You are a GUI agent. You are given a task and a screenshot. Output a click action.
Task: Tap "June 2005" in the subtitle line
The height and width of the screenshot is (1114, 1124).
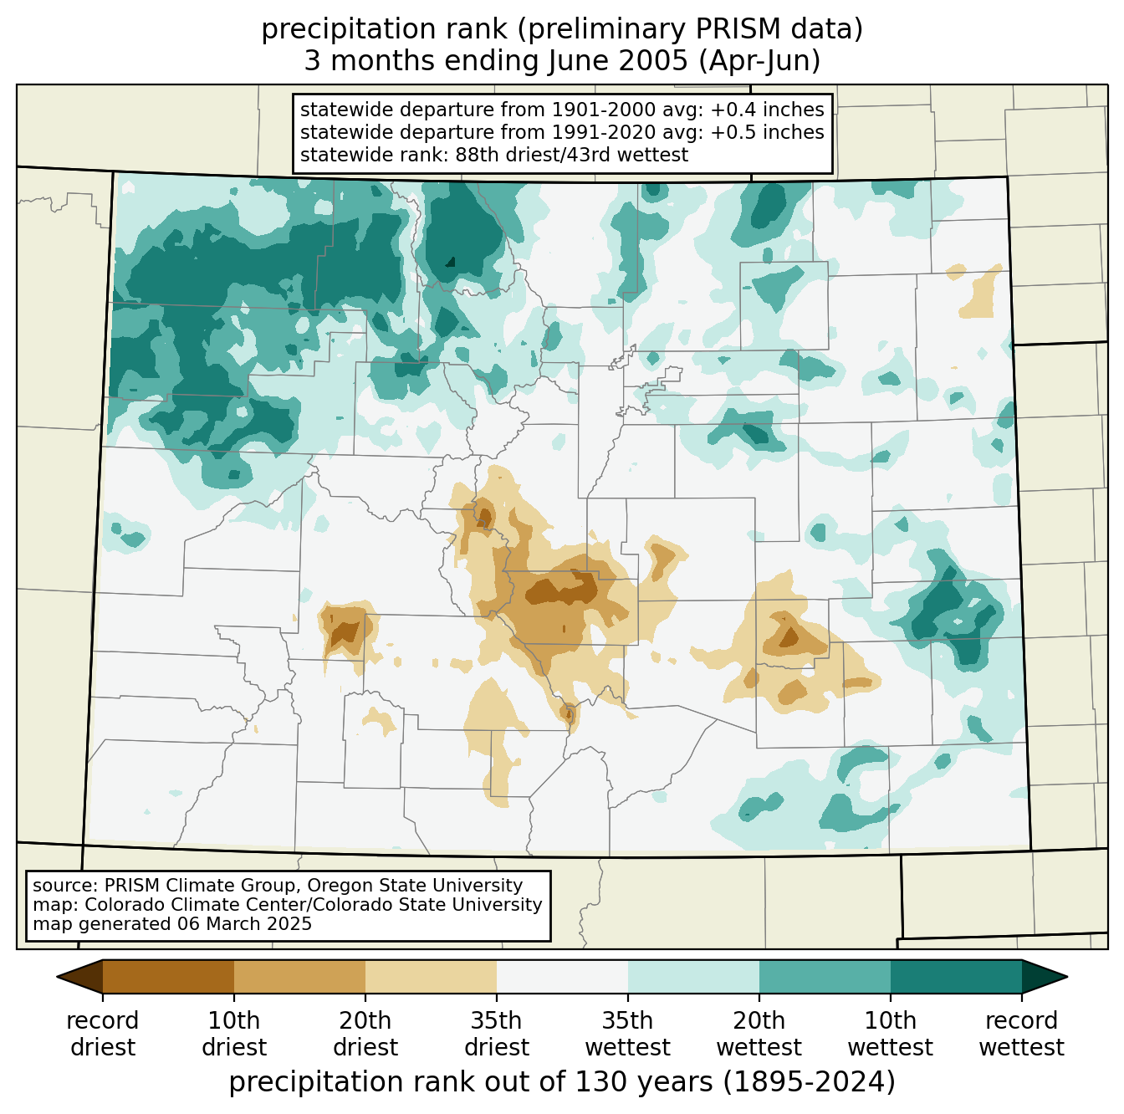(618, 61)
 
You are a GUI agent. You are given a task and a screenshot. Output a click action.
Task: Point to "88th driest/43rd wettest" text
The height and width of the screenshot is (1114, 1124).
(572, 155)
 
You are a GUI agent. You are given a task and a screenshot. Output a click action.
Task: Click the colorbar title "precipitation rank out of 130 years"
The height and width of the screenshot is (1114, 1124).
(471, 1081)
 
